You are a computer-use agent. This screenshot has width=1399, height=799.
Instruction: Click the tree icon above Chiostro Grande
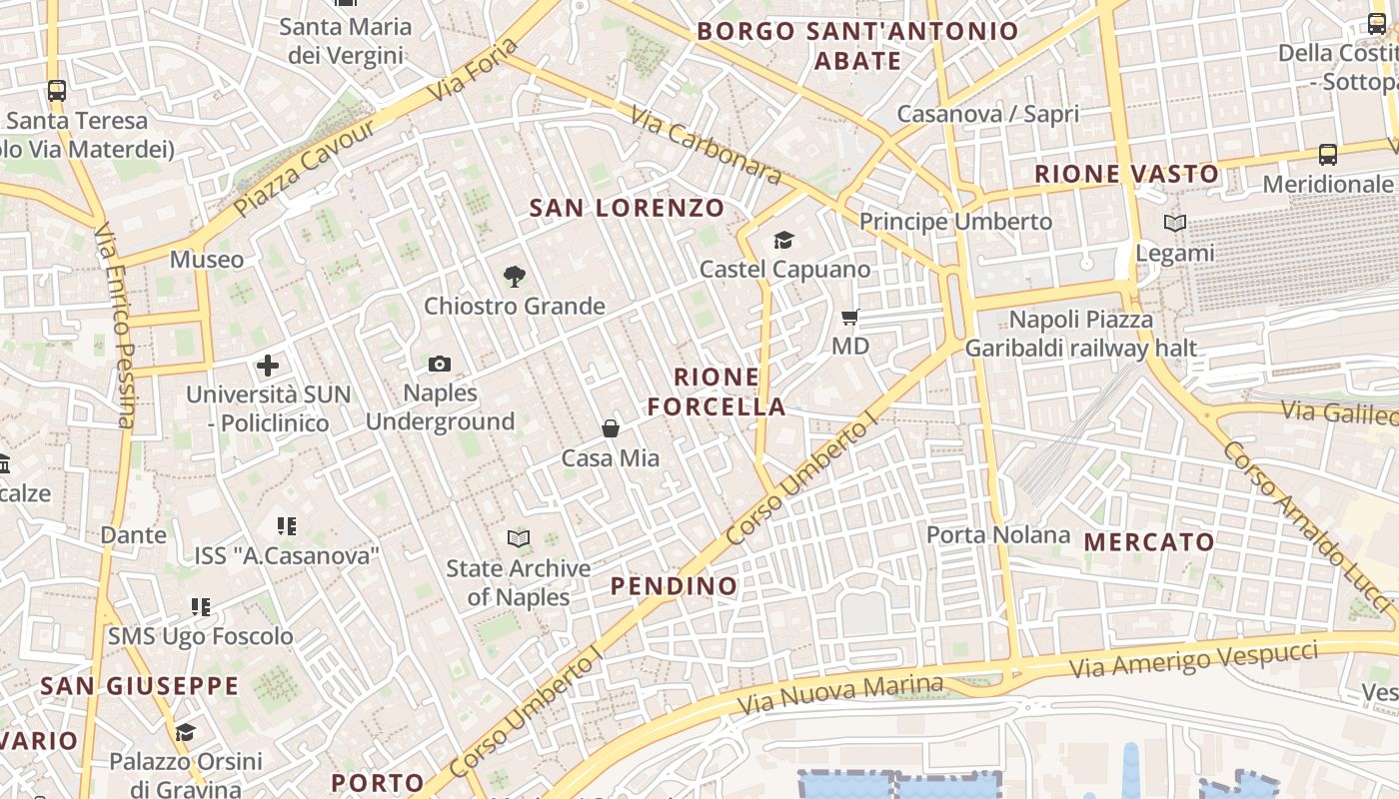(x=514, y=276)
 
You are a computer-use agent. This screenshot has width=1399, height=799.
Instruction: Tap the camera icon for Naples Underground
(x=440, y=364)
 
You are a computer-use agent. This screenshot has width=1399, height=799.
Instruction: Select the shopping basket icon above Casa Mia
(x=611, y=428)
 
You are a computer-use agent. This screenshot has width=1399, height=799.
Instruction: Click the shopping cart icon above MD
(x=850, y=317)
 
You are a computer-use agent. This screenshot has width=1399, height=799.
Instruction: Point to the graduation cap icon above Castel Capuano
(x=784, y=240)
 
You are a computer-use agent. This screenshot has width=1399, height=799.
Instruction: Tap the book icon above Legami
(x=1175, y=223)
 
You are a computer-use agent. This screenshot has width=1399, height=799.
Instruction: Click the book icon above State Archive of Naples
(x=518, y=539)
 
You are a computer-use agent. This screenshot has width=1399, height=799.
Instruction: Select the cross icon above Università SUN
(x=268, y=365)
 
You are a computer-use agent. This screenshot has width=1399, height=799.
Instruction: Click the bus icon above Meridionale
(x=1328, y=155)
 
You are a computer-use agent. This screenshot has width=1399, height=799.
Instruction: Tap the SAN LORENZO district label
(x=627, y=208)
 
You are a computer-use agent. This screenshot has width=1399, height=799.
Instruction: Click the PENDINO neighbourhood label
(x=675, y=586)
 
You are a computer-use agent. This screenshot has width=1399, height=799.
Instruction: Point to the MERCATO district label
(x=1149, y=542)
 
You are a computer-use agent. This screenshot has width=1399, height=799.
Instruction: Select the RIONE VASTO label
(x=1127, y=174)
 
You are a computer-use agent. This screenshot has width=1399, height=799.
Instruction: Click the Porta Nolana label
(x=998, y=534)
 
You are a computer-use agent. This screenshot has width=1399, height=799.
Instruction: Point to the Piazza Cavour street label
(x=304, y=168)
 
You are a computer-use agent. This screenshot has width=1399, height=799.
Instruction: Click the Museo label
(x=207, y=260)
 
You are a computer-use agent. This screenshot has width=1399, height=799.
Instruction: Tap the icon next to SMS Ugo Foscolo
(x=201, y=606)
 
